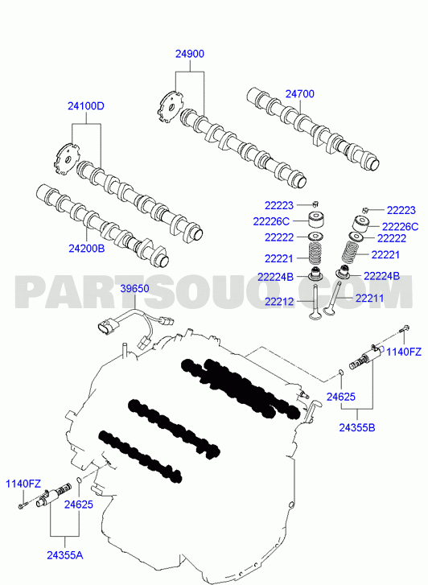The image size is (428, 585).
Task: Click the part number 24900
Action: [x=190, y=54]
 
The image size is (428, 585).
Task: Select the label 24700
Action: [x=300, y=93]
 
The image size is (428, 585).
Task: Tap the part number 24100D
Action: [x=86, y=106]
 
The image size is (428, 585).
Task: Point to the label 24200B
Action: [x=87, y=248]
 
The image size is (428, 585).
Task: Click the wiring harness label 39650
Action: [x=134, y=288]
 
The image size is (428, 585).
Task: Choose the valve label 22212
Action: [x=279, y=302]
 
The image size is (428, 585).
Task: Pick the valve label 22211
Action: [x=369, y=298]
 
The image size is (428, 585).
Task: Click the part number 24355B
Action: [x=357, y=427]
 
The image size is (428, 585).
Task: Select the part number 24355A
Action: [x=65, y=555]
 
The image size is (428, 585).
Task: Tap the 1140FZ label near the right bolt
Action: [x=404, y=352]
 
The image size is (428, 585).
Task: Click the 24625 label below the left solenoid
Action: [x=79, y=505]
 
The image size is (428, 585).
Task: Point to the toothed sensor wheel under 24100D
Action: [x=67, y=160]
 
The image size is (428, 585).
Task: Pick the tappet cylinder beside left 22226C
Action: [x=315, y=220]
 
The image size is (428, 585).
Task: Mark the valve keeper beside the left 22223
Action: [x=315, y=204]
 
